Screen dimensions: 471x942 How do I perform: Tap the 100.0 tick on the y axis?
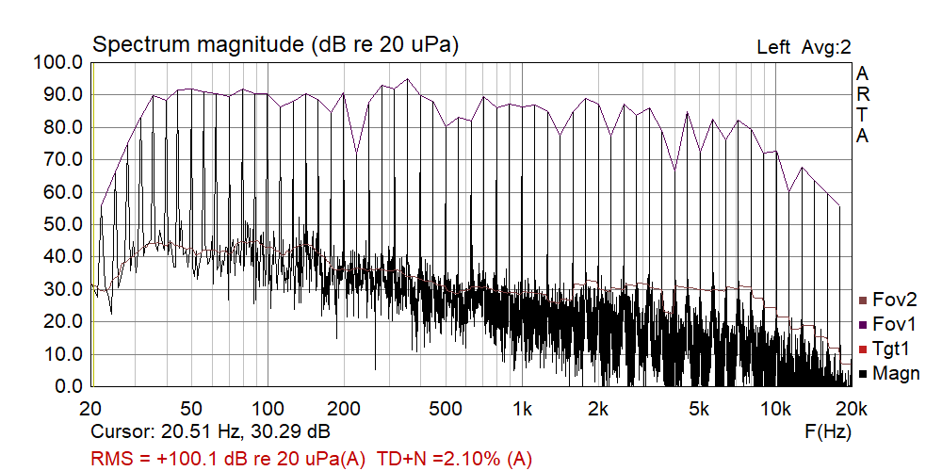59,63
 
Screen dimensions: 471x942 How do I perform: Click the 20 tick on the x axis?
91,409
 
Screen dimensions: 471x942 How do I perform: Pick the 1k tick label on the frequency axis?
521,409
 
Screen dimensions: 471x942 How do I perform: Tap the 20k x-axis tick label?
851,409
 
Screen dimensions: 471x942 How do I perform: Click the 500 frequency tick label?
445,409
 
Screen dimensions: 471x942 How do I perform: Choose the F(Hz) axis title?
829,433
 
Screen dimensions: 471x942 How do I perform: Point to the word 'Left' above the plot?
773,47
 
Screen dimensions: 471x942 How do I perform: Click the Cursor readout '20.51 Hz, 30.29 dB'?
246,433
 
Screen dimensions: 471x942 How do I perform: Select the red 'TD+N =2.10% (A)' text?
455,459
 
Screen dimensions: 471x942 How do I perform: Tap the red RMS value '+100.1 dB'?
194,459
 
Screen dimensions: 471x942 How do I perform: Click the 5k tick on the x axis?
698,409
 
